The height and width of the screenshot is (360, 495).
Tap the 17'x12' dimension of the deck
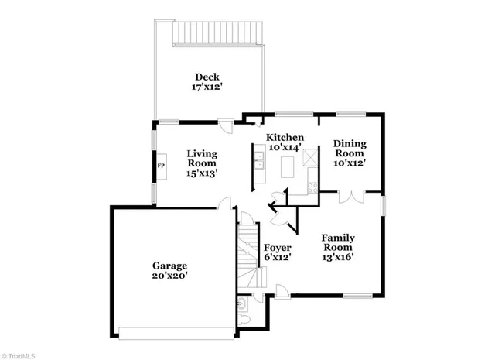(x=206, y=87)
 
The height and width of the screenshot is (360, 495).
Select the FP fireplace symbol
(x=161, y=166)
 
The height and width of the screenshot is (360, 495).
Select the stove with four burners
(x=312, y=184)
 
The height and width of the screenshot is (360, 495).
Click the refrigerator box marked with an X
(x=310, y=156)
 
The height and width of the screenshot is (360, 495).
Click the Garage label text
(x=169, y=266)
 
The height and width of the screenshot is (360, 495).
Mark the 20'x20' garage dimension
(x=169, y=276)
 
